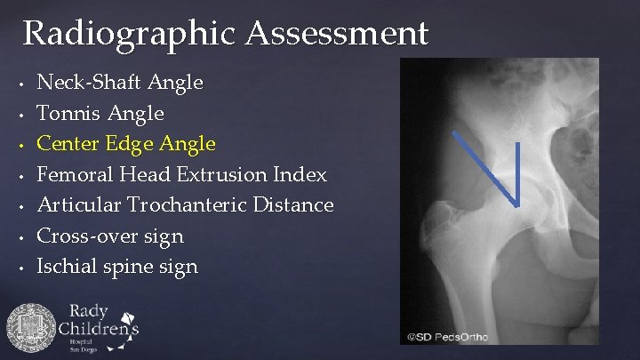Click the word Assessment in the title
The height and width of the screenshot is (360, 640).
(x=337, y=34)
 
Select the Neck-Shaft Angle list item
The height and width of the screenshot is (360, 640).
(x=119, y=83)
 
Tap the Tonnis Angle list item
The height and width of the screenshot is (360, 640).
(x=100, y=113)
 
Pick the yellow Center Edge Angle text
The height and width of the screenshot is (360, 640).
(x=125, y=143)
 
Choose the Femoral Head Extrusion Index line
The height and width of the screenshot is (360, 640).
(x=181, y=174)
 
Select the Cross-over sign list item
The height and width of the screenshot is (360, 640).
(x=109, y=236)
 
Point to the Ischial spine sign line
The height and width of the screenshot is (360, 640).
(x=116, y=266)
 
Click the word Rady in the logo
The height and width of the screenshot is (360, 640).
(x=89, y=311)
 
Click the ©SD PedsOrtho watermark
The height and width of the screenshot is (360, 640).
(x=448, y=337)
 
